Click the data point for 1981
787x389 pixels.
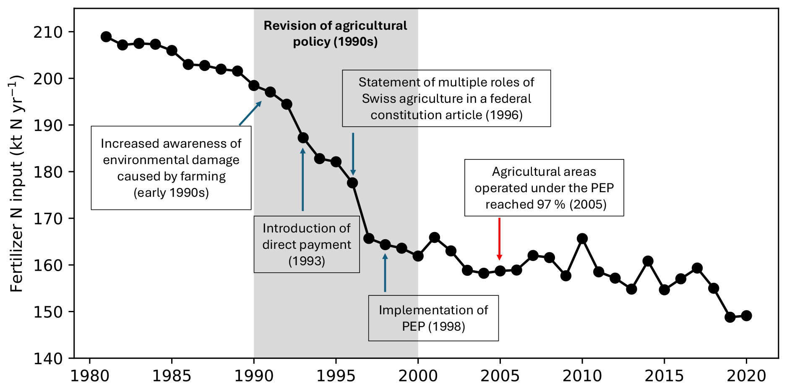click(106, 37)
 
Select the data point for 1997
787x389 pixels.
click(369, 238)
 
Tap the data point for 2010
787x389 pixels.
click(582, 239)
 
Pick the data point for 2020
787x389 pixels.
click(746, 316)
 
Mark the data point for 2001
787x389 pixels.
click(435, 238)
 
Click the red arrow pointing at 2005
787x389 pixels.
click(499, 239)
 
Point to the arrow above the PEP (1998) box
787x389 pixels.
click(385, 272)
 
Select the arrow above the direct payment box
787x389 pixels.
click(303, 179)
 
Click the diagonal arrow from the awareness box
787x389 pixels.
click(250, 113)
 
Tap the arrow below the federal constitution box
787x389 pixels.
click(353, 154)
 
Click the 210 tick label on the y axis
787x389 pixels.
click(48, 32)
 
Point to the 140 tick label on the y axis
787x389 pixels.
click(48, 359)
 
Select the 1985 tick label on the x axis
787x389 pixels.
click(172, 376)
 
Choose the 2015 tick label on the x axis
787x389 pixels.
click(664, 376)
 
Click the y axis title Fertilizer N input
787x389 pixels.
click(16, 183)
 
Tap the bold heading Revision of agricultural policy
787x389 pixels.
click(335, 34)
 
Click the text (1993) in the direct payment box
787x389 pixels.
click(307, 261)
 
